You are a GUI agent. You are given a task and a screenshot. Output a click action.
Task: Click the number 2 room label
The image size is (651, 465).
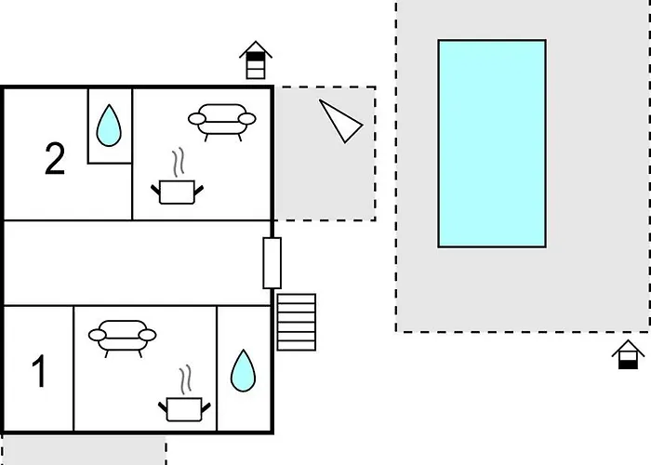[55, 158]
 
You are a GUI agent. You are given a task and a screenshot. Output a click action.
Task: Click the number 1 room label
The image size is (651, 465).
[39, 371]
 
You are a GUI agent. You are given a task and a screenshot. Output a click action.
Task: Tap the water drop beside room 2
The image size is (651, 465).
[109, 126]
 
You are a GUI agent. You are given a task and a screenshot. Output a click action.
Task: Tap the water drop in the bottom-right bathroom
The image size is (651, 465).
[244, 370]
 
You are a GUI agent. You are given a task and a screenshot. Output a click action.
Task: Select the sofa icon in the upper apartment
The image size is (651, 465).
[222, 120]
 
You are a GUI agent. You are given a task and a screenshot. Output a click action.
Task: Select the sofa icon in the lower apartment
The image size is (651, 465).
[123, 337]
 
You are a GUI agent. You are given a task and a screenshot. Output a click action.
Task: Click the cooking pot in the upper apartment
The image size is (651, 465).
[177, 192]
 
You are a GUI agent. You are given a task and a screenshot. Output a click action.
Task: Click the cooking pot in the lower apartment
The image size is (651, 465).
[184, 409]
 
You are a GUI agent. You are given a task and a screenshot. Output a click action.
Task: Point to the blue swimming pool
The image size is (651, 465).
[492, 143]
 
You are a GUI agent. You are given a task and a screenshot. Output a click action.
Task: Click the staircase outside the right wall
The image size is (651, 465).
[297, 322]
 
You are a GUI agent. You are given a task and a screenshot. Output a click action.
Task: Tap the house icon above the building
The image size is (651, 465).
[256, 60]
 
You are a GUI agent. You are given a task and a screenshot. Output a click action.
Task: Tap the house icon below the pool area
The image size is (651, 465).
[628, 354]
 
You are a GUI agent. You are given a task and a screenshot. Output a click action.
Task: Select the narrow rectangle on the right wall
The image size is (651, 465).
[272, 263]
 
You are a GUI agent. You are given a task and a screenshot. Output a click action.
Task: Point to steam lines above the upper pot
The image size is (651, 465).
[179, 163]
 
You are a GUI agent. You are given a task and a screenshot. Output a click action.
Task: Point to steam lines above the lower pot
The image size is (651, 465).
[186, 379]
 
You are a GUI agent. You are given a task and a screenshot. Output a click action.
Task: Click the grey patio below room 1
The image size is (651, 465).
[84, 450]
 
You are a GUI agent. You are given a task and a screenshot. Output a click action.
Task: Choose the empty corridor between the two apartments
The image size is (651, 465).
[137, 263]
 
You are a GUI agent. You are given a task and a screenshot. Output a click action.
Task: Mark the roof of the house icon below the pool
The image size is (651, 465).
[628, 348]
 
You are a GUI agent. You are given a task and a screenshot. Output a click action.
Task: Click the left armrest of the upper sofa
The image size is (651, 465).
[197, 119]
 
